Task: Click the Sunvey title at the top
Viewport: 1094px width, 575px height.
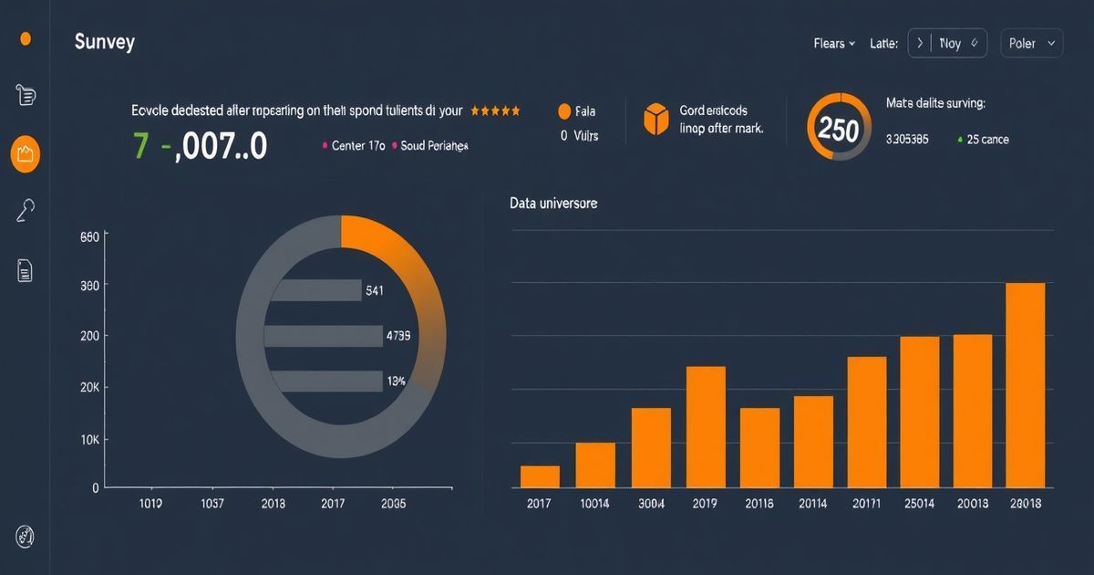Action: [x=104, y=42]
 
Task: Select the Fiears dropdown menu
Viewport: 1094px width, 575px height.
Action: [x=834, y=43]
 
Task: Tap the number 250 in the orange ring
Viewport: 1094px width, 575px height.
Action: [x=839, y=129]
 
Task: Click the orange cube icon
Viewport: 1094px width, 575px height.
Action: [x=656, y=120]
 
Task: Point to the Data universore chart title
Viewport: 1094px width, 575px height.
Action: [x=553, y=203]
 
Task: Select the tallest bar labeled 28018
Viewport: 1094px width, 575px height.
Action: [x=1025, y=384]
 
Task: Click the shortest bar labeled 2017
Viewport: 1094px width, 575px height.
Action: [x=540, y=476]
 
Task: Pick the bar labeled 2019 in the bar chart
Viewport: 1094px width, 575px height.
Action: [x=706, y=426]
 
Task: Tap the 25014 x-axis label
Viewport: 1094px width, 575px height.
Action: [x=919, y=503]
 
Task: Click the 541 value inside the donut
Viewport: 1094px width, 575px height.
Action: [x=375, y=291]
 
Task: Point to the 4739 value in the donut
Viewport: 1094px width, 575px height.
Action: [x=397, y=336]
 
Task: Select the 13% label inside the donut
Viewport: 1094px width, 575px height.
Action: [x=396, y=381]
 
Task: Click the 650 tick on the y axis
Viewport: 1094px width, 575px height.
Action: [x=89, y=236]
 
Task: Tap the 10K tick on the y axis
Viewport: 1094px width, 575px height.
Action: [x=89, y=440]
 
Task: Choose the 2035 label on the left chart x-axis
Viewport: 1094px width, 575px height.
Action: [x=394, y=503]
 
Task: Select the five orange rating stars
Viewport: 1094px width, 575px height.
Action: [x=495, y=110]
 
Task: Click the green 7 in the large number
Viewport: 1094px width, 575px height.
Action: [x=140, y=145]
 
